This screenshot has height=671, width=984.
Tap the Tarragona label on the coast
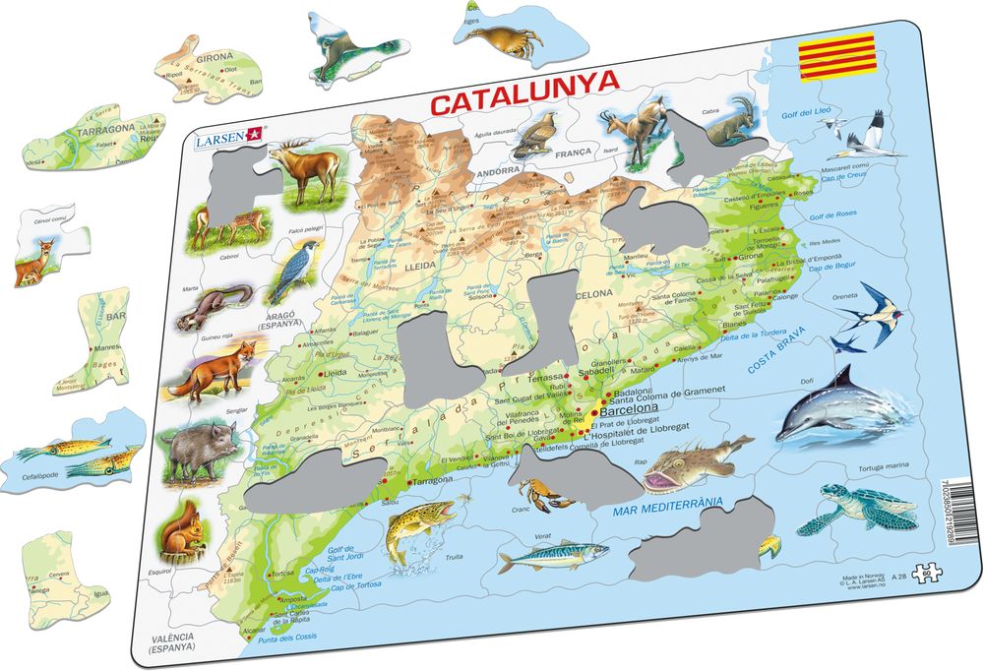(432, 479)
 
